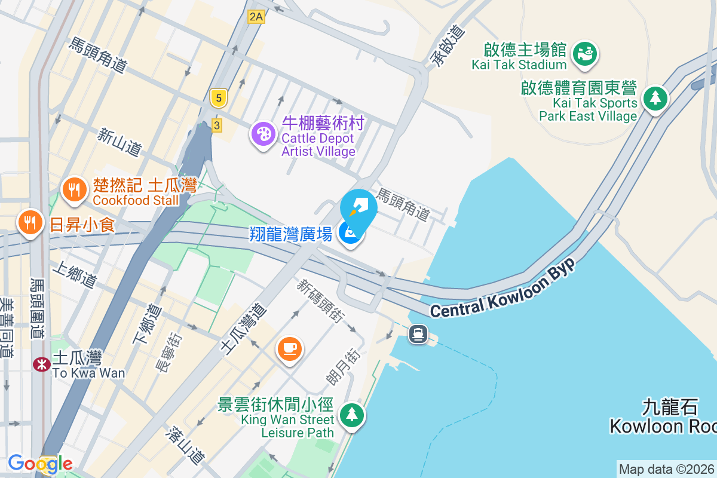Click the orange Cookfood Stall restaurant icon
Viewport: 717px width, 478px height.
point(74,191)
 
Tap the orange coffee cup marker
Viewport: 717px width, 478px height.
point(290,348)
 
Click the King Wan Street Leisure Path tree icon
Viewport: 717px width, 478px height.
point(352,414)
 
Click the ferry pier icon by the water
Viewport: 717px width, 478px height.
point(418,334)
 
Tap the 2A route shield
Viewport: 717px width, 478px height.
point(256,17)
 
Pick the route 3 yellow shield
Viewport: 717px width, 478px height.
point(216,125)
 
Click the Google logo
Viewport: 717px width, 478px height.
point(40,463)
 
